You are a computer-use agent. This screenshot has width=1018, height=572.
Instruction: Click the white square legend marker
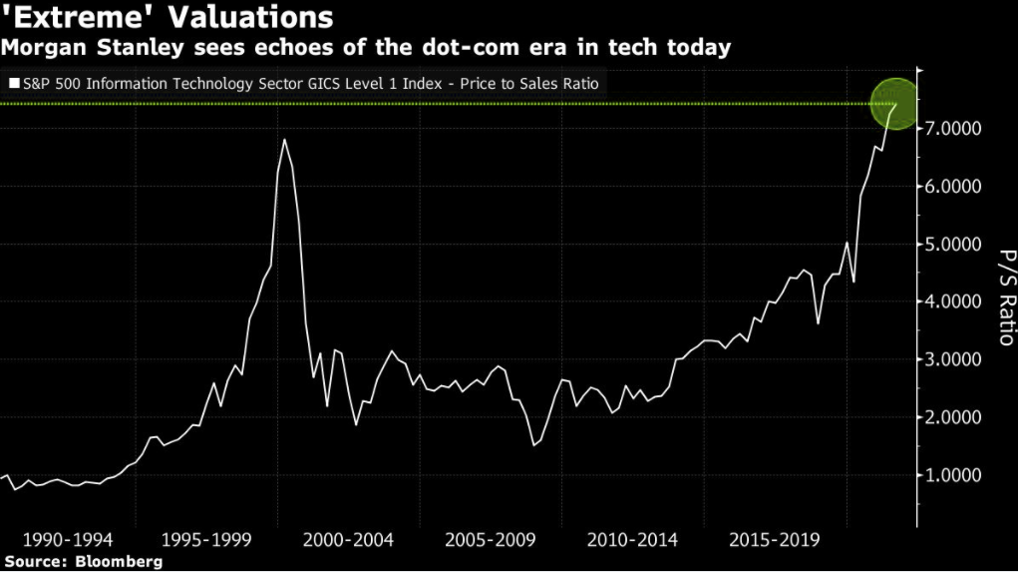(13, 84)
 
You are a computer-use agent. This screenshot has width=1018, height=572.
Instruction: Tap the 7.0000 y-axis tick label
(955, 130)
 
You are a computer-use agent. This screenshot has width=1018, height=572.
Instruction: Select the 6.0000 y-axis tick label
(955, 188)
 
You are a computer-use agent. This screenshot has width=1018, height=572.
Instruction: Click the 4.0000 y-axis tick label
(955, 302)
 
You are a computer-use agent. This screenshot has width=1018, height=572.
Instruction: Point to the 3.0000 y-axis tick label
(955, 360)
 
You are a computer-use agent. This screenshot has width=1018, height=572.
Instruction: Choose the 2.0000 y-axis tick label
(955, 418)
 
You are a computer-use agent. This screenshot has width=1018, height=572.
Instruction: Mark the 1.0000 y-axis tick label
(955, 476)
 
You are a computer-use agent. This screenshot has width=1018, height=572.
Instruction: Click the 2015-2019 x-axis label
(774, 540)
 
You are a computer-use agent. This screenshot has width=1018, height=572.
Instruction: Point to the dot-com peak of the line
(284, 139)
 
